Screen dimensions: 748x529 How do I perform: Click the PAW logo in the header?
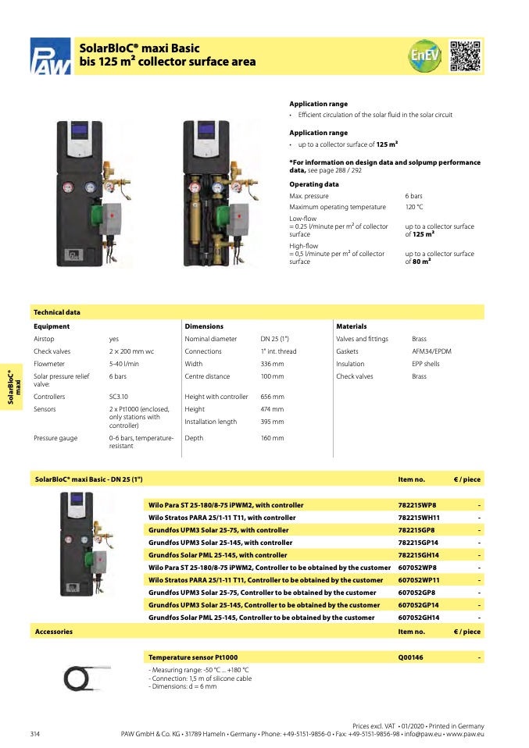point(50,57)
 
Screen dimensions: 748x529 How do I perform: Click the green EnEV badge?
point(425,55)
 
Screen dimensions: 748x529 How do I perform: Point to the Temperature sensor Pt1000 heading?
point(193,658)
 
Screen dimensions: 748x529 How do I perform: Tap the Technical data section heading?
point(56,312)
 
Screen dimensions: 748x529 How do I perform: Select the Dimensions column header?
point(204,326)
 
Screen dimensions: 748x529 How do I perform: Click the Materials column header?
point(351,326)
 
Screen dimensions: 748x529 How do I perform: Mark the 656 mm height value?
point(272,397)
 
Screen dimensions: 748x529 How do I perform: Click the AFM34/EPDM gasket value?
point(431,351)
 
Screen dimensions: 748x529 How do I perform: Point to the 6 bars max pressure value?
point(413,196)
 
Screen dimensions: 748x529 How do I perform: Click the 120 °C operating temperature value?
point(413,207)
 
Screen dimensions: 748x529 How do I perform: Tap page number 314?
point(35,734)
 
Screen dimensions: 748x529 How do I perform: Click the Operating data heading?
point(314,184)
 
